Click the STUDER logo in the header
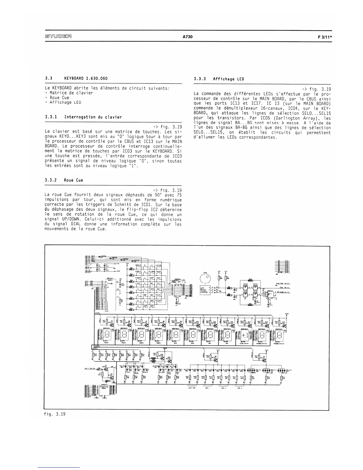pyautogui.click(x=58, y=37)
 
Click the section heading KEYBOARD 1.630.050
pyautogui.click(x=86, y=78)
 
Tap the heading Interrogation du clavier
pyautogui.click(x=93, y=117)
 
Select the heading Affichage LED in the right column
pyautogui.click(x=228, y=79)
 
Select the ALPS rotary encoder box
pyautogui.click(x=203, y=290)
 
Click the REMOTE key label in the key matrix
pyautogui.click(x=138, y=265)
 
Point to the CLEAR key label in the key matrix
pyautogui.click(x=145, y=306)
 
